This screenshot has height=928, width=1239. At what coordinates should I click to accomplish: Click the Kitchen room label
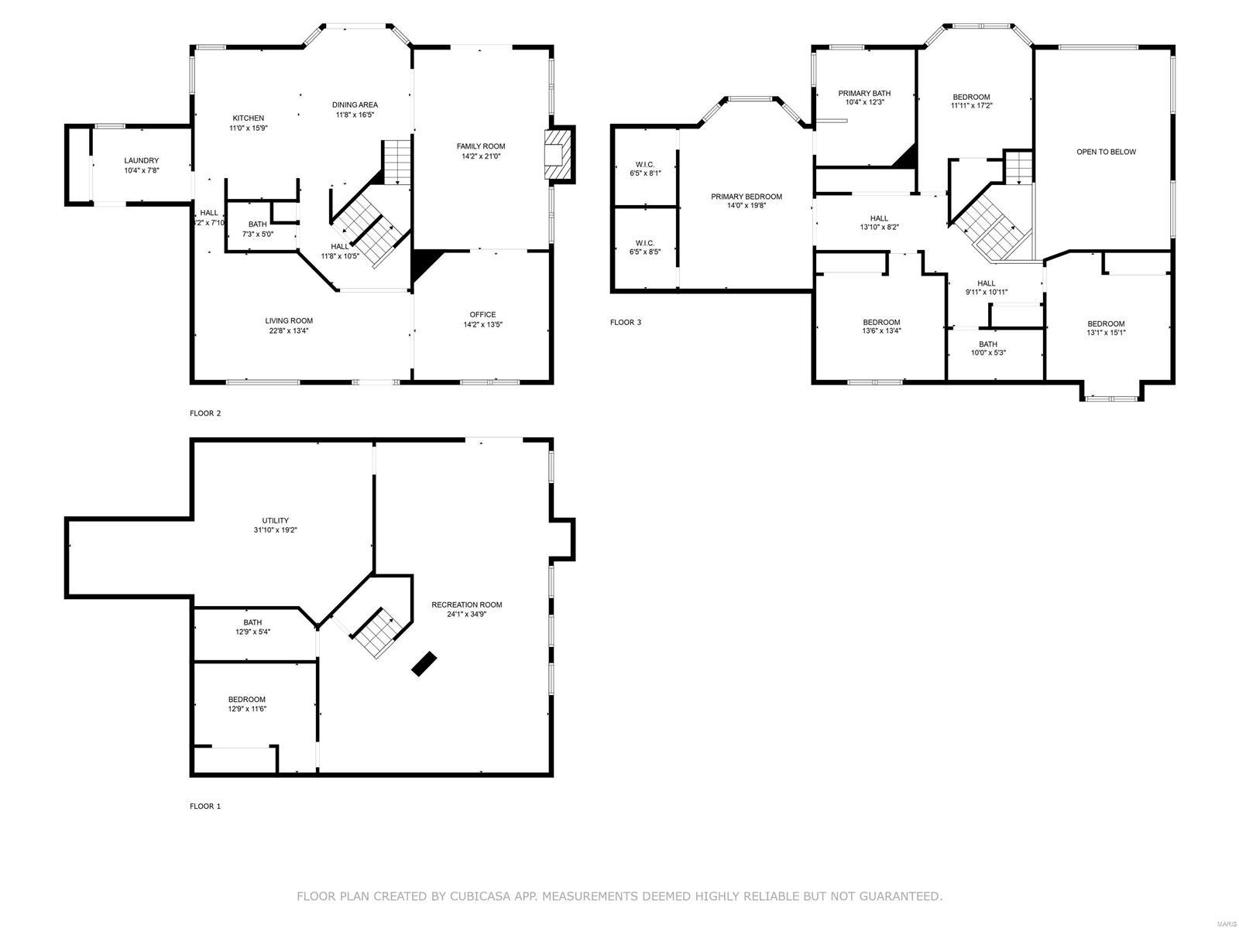248,118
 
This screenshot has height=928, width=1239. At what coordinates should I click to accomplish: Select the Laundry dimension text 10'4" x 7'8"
141,170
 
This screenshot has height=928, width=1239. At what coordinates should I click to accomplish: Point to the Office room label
482,314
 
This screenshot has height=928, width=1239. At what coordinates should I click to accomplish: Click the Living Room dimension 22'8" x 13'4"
289,330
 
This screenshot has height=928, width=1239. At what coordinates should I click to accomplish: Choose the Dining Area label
355,104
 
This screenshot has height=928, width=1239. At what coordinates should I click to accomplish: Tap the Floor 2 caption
205,413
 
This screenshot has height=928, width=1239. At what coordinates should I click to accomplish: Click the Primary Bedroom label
746,197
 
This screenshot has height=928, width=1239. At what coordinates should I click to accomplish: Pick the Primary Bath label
864,93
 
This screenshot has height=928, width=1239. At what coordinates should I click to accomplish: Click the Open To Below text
1106,152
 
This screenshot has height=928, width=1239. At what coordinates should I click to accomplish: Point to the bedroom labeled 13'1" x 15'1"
1106,328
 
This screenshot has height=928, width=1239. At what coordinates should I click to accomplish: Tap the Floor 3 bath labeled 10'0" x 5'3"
988,348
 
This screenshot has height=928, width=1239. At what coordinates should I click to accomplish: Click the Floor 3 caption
626,322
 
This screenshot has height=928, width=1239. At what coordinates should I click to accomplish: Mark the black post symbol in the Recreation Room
424,664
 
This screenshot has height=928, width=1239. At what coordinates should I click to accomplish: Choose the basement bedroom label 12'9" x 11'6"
247,704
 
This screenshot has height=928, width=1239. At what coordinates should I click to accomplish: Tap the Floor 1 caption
205,806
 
